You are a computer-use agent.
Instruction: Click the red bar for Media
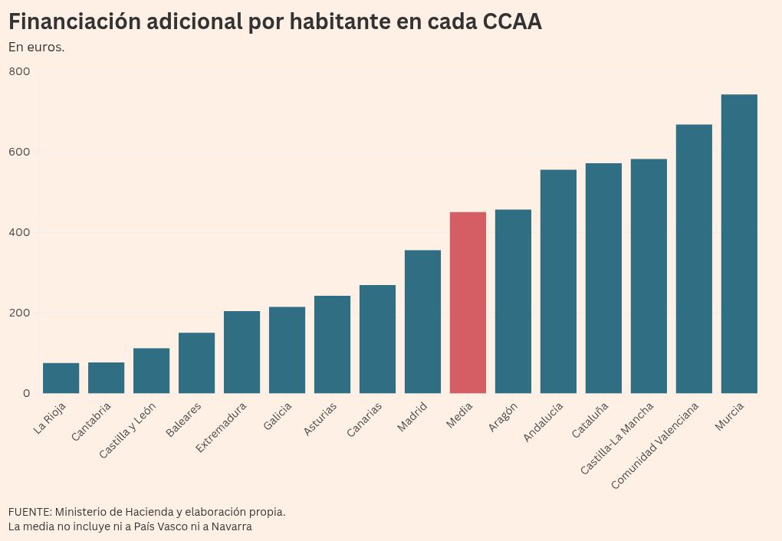(468, 303)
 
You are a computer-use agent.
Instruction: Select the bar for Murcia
(739, 244)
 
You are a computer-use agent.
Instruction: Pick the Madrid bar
(422, 322)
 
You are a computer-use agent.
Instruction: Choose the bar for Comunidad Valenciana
(694, 259)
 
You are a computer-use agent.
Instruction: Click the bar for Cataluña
(603, 278)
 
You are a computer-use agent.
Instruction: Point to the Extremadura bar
(242, 352)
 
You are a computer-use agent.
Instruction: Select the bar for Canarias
(377, 339)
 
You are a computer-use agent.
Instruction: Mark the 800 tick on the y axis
(20, 71)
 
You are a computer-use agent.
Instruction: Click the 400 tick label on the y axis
(20, 232)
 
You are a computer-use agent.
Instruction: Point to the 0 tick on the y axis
(26, 393)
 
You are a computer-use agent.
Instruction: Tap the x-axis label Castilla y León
(127, 431)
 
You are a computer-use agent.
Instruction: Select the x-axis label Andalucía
(544, 421)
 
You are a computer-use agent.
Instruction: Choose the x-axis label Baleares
(184, 419)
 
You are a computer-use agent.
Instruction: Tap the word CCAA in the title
(512, 22)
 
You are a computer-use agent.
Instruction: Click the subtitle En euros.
(36, 48)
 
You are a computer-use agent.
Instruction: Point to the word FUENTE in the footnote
(29, 511)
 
